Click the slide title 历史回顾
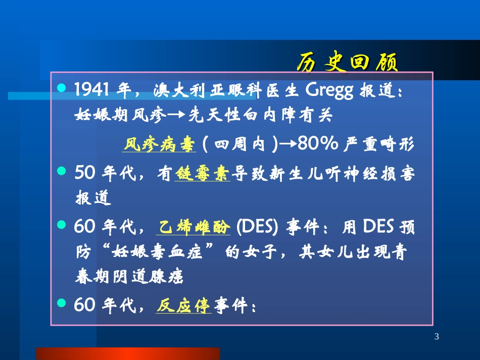tap(347, 63)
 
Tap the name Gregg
tap(330, 91)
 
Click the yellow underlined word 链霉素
tap(202, 174)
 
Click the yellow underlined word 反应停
tap(183, 305)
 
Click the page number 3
tap(437, 337)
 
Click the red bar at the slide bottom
tap(128, 353)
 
